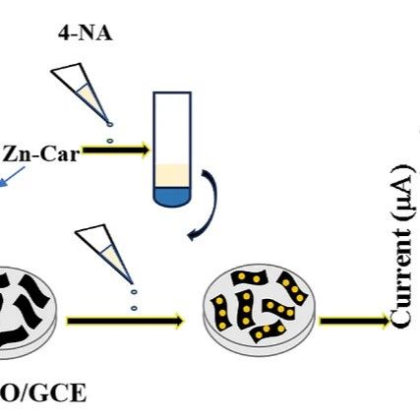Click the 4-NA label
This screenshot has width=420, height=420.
[x=86, y=33]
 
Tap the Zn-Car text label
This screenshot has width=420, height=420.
[x=40, y=154]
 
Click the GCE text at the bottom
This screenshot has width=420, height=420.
[x=63, y=393]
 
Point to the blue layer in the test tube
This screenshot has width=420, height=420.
[x=172, y=196]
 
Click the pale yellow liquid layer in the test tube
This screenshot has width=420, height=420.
[x=172, y=176]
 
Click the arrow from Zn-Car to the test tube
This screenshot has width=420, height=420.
[x=116, y=150]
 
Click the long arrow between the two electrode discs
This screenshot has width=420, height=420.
[x=125, y=321]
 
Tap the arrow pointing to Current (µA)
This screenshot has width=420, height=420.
[x=354, y=321]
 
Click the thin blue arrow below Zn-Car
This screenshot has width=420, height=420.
[x=13, y=176]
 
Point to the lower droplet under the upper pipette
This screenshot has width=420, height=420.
[x=110, y=141]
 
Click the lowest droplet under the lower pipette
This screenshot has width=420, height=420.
[x=134, y=308]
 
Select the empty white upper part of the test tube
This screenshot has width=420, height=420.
[x=172, y=129]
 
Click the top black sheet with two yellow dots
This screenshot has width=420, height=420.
[x=249, y=278]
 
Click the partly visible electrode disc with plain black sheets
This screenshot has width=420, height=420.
[x=27, y=313]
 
